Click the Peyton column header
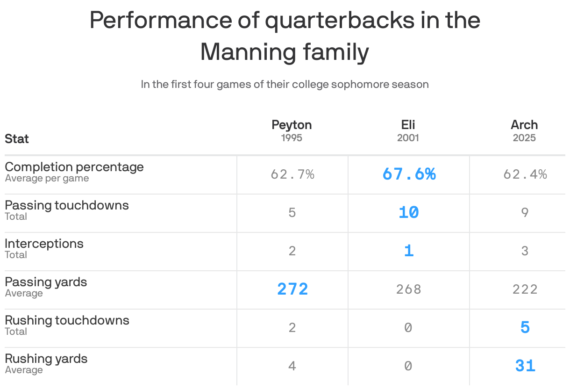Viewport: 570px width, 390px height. pos(292,125)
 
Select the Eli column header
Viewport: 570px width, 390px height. pos(408,125)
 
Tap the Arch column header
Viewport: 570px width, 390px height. pos(524,125)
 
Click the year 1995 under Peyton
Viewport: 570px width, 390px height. pos(292,138)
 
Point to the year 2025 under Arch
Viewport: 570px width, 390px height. pos(524,138)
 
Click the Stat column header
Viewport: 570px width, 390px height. pos(17,139)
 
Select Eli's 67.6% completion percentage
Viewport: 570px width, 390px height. pos(409,174)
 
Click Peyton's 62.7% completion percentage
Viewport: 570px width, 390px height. pos(292,174)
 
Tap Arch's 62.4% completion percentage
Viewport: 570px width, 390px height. pos(525,174)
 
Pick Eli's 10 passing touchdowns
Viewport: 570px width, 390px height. pos(409,213)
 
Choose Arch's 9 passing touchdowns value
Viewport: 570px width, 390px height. pos(525,213)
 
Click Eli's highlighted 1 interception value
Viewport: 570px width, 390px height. pos(409,251)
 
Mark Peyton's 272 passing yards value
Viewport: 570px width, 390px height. pos(292,289)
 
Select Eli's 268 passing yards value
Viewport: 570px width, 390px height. pos(409,289)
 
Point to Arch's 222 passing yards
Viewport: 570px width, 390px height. pos(525,289)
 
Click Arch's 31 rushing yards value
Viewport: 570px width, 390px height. pos(525,366)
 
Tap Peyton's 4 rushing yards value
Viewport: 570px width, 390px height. pos(292,366)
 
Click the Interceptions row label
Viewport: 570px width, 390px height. pos(44,244)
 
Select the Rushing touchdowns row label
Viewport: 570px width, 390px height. pos(67,320)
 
